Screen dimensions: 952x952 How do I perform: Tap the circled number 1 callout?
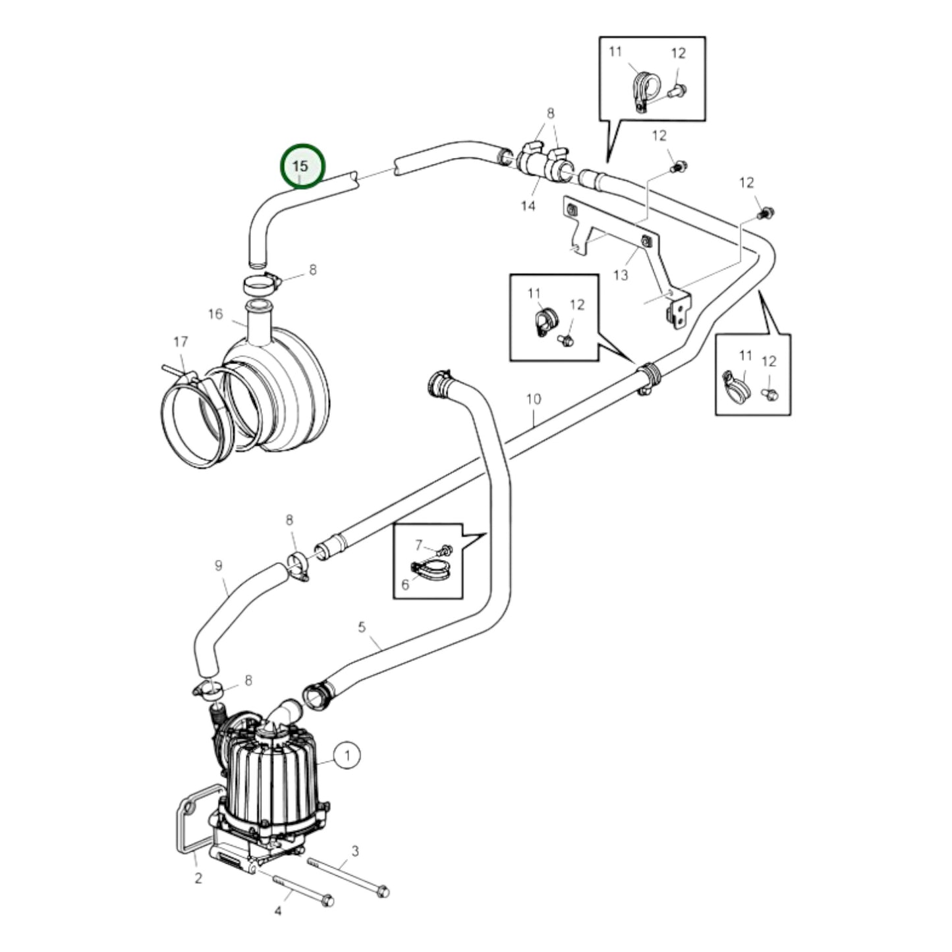(x=347, y=755)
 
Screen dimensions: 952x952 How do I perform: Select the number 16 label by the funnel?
(x=216, y=314)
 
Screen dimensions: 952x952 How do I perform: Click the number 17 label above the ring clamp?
(x=181, y=341)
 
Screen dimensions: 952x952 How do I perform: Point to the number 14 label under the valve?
(x=528, y=206)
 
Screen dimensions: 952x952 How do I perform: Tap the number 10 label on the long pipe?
(x=534, y=399)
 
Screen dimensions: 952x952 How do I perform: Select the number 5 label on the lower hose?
(x=362, y=627)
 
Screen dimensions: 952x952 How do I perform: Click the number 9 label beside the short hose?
(x=219, y=565)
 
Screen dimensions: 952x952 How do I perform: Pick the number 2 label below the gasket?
(x=198, y=878)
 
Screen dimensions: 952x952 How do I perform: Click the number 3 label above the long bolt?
(x=354, y=851)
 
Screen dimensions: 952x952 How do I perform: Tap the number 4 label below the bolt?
(x=277, y=910)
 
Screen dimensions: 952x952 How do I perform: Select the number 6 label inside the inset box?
(x=405, y=584)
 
